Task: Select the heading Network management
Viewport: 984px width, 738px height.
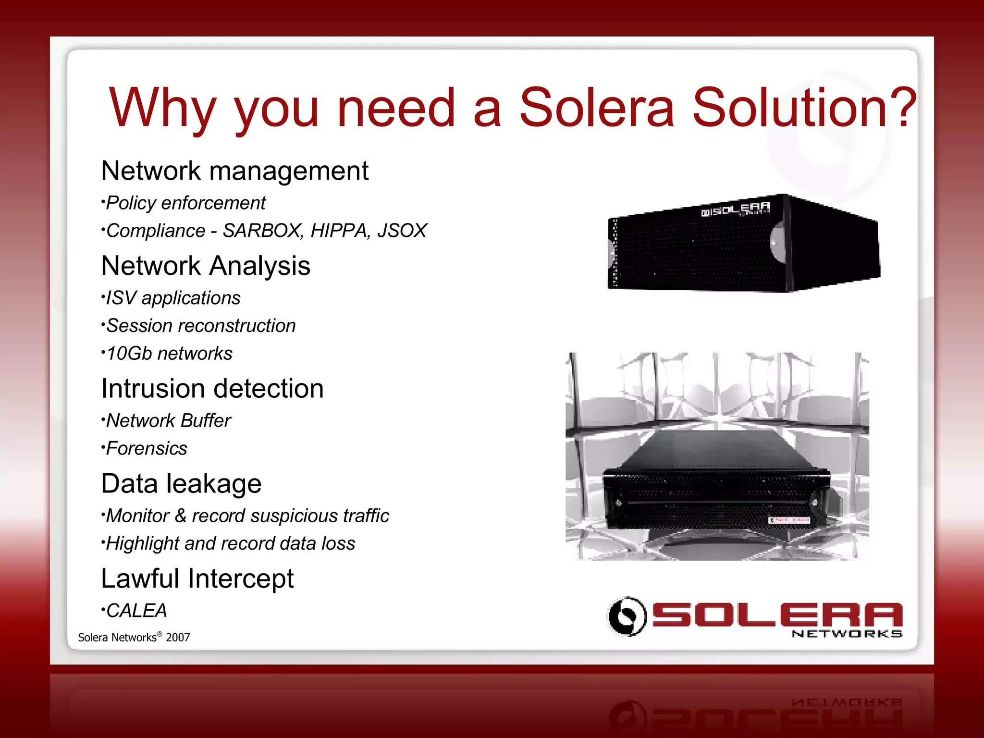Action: tap(234, 171)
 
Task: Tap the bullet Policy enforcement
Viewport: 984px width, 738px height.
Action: tap(185, 203)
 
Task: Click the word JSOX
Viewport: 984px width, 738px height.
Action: tap(402, 231)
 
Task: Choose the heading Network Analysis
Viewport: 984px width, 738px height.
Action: tap(206, 266)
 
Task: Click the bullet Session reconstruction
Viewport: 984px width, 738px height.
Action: tap(200, 326)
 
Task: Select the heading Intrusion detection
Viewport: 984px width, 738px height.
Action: tap(212, 388)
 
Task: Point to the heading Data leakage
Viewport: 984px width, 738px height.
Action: tap(182, 483)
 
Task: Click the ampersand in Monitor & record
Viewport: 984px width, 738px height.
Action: tap(180, 516)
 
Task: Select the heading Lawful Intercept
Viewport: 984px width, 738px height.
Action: tap(197, 578)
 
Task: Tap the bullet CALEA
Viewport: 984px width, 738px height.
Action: tap(136, 611)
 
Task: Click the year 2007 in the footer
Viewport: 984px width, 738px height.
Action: tap(178, 638)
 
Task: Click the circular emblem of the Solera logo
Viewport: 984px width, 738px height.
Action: tap(627, 616)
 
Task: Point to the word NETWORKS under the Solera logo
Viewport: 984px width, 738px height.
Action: tap(847, 634)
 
